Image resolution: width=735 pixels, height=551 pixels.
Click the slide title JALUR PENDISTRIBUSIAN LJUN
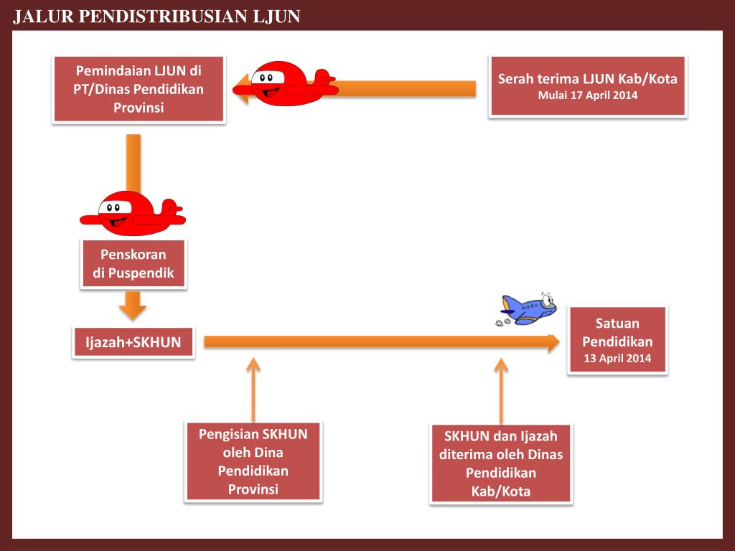[x=156, y=16]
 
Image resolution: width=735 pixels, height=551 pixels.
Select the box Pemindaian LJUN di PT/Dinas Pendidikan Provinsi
[x=139, y=90]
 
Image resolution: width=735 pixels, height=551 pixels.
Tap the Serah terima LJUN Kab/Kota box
[x=588, y=85]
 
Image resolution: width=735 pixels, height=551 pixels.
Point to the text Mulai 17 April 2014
[x=588, y=95]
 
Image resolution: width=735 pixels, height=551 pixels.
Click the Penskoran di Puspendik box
[x=134, y=263]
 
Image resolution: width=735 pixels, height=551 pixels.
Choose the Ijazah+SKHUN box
[x=134, y=342]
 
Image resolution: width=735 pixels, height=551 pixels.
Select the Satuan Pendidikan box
[x=617, y=340]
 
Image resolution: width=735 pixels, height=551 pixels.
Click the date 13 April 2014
[x=617, y=358]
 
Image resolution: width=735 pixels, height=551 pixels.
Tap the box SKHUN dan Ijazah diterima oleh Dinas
[x=501, y=463]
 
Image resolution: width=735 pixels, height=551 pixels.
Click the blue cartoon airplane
[x=530, y=309]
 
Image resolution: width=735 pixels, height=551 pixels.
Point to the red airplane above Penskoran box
[x=132, y=213]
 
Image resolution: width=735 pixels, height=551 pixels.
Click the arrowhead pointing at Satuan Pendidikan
[x=552, y=343]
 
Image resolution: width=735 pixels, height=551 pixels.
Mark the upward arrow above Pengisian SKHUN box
[x=253, y=387]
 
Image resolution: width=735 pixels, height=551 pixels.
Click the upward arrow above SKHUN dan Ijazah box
[x=501, y=387]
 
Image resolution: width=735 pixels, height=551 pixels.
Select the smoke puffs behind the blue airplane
[x=502, y=322]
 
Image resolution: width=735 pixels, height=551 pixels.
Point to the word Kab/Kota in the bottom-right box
[x=501, y=491]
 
